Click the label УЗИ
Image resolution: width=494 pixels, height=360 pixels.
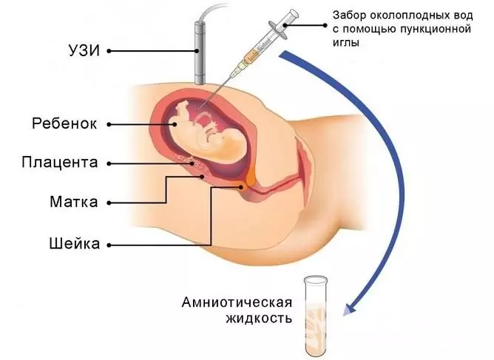[84, 51]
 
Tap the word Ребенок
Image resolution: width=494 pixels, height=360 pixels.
[64, 123]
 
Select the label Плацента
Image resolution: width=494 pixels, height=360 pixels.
[60, 163]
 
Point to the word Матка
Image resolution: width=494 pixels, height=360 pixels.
[74, 202]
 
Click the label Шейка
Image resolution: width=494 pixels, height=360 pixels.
[75, 243]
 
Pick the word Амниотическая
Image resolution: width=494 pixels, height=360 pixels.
[237, 302]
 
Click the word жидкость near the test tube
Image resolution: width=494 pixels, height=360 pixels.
[258, 319]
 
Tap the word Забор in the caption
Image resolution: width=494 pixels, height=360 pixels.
[349, 16]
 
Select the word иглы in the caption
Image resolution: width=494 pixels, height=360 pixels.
[346, 42]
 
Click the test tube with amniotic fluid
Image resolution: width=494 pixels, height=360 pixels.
[315, 316]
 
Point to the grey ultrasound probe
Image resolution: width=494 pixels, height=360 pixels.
[200, 52]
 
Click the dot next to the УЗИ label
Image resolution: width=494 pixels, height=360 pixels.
[109, 51]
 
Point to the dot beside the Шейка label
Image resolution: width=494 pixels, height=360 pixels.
[109, 245]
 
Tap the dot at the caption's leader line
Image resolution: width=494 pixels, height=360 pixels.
[325, 26]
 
